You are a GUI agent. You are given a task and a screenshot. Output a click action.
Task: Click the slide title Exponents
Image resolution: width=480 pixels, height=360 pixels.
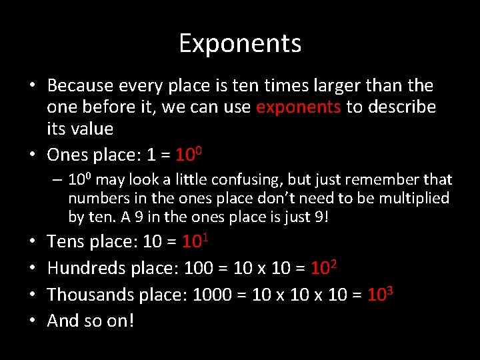point(240,44)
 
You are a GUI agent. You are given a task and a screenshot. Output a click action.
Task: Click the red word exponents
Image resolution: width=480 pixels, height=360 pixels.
point(299,107)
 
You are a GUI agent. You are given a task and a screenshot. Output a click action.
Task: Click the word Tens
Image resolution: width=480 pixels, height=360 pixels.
point(65,241)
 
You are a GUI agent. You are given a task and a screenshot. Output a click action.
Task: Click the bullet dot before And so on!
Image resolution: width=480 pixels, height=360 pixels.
point(32,321)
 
